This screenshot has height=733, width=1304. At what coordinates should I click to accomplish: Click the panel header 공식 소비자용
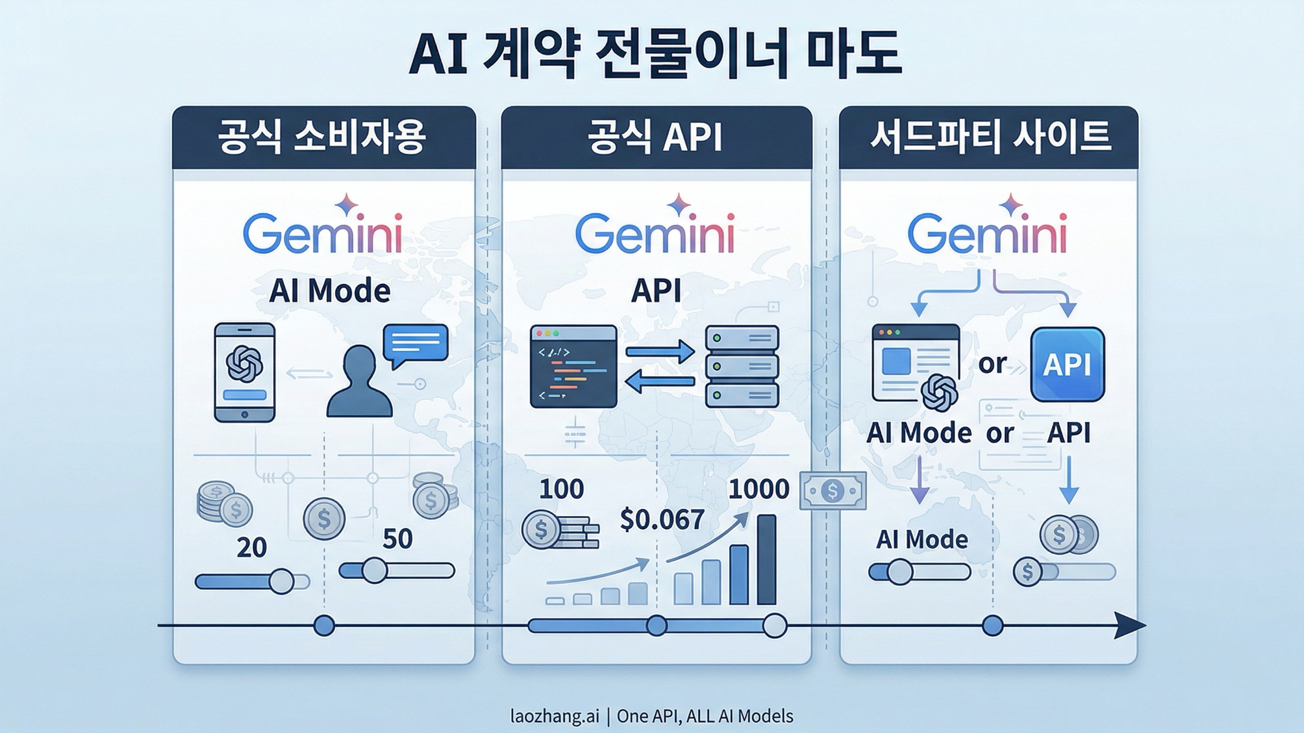[x=324, y=137]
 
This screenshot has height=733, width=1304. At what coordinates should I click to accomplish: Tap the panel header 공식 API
[x=656, y=137]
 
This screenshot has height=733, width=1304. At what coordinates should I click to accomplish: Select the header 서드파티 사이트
[x=988, y=137]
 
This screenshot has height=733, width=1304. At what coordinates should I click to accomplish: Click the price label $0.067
[x=662, y=520]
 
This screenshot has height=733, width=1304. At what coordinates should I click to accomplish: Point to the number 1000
[x=758, y=489]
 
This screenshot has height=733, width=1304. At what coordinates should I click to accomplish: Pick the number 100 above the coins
[x=561, y=489]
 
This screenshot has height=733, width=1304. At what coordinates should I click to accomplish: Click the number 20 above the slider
[x=252, y=547]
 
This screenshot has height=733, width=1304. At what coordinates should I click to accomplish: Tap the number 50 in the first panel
[x=397, y=539]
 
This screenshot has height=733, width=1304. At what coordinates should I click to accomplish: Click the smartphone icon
[x=244, y=372]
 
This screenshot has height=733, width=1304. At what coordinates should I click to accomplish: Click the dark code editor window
[x=573, y=366]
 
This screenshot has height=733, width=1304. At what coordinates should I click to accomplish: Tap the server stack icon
[x=742, y=366]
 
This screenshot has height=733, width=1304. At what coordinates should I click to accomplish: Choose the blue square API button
[x=1067, y=364]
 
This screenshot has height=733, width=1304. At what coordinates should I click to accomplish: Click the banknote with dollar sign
[x=832, y=491]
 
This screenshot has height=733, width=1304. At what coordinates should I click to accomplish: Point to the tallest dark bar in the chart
[x=766, y=559]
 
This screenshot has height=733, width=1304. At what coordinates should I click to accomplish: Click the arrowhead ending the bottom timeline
[x=1130, y=625]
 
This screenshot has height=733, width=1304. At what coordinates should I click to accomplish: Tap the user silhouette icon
[x=359, y=383]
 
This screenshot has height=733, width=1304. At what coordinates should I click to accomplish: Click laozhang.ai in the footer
[x=554, y=716]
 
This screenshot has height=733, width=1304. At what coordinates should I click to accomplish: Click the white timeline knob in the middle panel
[x=774, y=625]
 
